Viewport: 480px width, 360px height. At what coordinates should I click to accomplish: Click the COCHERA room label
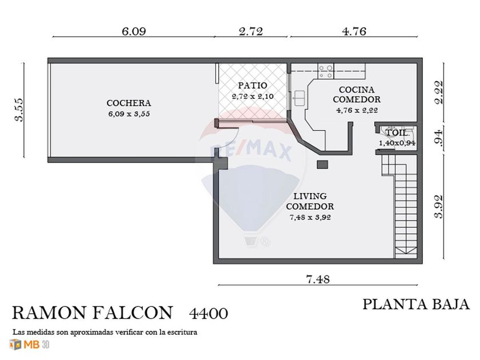[x=129, y=103]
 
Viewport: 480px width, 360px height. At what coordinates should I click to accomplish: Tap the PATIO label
[x=253, y=85]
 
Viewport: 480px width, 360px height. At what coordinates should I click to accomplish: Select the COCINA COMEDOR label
[x=357, y=95]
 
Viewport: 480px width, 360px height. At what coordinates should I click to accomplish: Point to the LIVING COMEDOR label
[x=310, y=201]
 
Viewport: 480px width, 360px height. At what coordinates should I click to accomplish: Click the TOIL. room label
[x=397, y=133]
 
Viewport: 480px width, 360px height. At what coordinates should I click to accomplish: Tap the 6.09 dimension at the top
[x=134, y=31]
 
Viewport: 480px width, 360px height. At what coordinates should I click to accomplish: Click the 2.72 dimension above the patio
[x=251, y=31]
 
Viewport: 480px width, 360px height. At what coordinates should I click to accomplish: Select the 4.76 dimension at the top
[x=354, y=31]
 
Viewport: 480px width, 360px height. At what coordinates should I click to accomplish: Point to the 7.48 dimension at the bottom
[x=318, y=279]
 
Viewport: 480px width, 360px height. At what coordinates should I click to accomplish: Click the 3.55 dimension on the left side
[x=19, y=110]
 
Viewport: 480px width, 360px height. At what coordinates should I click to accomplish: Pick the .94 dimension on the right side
[x=439, y=138]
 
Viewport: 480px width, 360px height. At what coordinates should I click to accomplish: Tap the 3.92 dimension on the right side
[x=439, y=207]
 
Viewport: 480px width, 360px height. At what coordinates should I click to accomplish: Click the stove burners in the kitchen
[x=326, y=71]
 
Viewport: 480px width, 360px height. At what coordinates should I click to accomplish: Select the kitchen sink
[x=298, y=98]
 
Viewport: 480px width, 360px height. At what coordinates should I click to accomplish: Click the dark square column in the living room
[x=322, y=165]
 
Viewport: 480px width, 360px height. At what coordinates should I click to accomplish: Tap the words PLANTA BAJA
[x=416, y=305]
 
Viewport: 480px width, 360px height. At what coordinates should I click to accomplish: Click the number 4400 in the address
[x=209, y=314]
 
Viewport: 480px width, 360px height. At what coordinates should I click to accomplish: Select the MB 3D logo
[x=29, y=345]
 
